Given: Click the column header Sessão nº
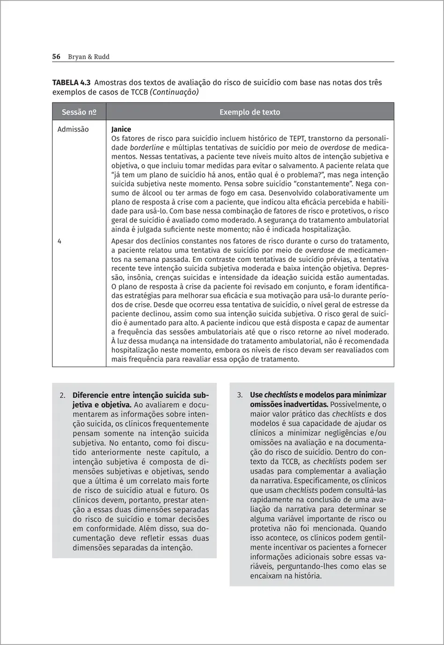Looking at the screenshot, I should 79,113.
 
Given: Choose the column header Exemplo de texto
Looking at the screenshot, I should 250,113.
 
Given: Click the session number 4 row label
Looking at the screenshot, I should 59,241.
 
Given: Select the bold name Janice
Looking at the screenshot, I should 121,130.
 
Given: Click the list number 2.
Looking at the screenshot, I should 63,394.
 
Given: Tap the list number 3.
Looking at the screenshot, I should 240,394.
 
